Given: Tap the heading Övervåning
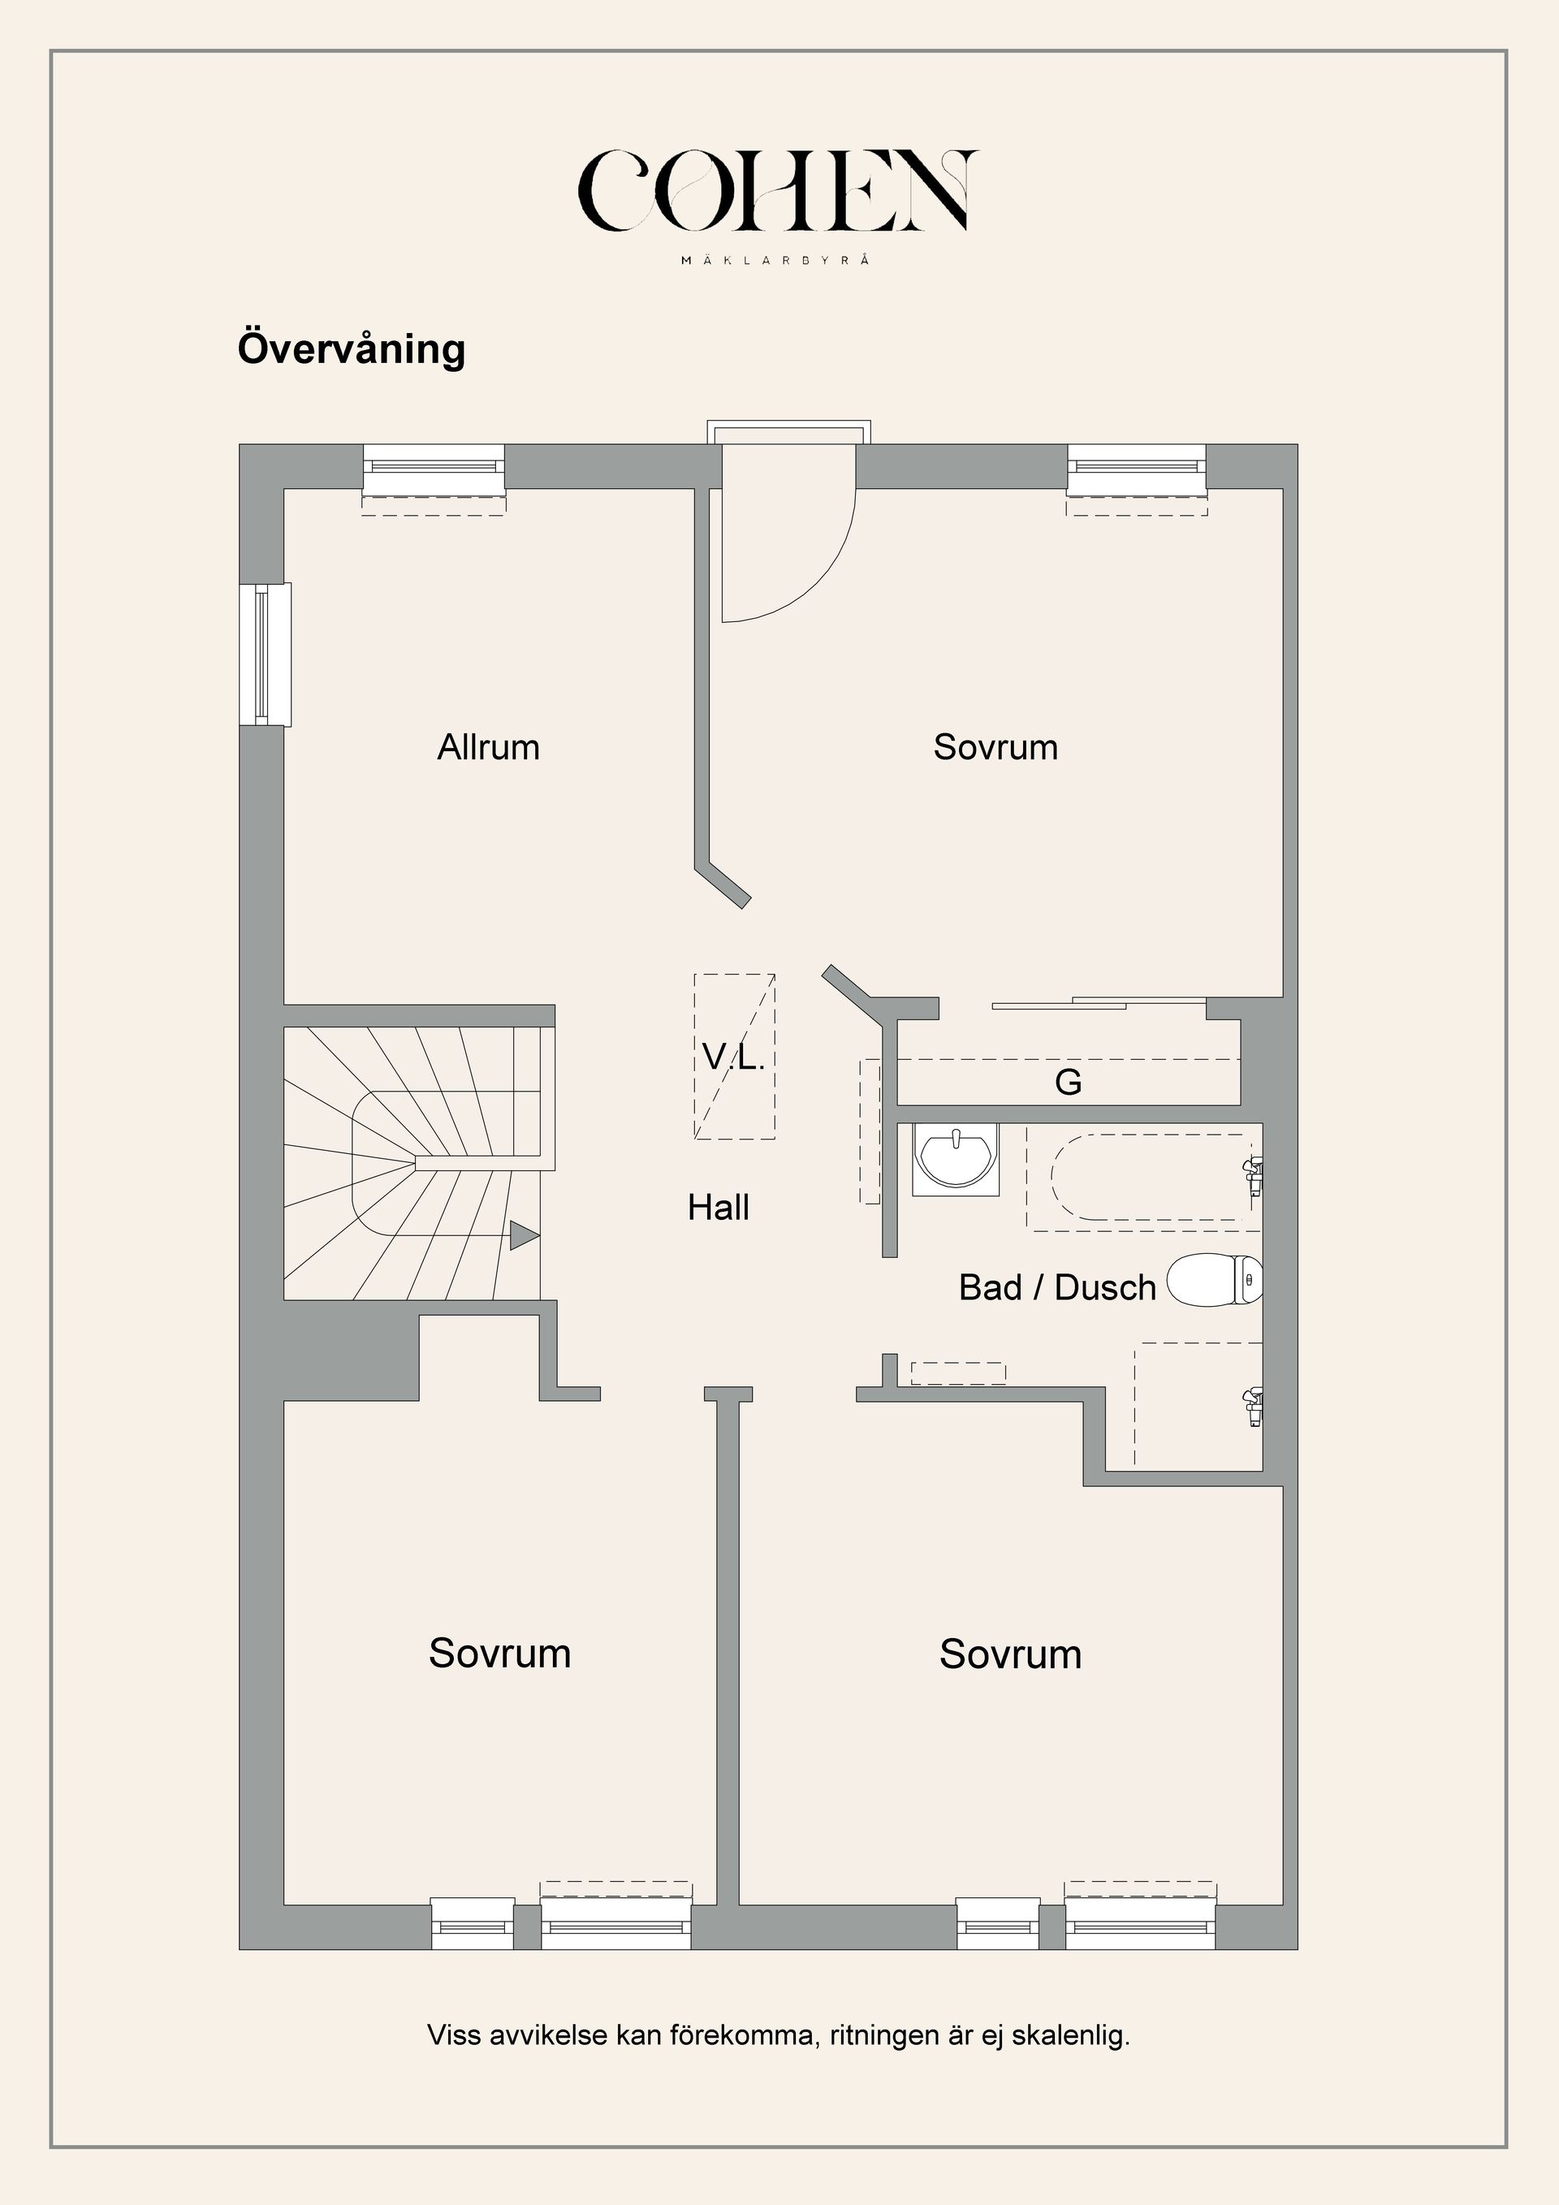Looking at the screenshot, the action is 352,348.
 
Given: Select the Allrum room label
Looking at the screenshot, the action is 489,747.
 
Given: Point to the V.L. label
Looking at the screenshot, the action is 733,1057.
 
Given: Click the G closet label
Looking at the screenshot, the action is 1069,1083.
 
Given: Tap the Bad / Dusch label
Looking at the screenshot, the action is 1057,1288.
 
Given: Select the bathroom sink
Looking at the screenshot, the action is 955,1159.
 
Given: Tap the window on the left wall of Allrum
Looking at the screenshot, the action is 266,655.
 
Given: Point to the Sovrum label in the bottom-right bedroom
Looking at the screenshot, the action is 1010,1654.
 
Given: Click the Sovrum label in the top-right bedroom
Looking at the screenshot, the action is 995,747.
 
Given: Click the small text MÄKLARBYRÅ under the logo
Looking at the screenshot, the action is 776,259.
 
